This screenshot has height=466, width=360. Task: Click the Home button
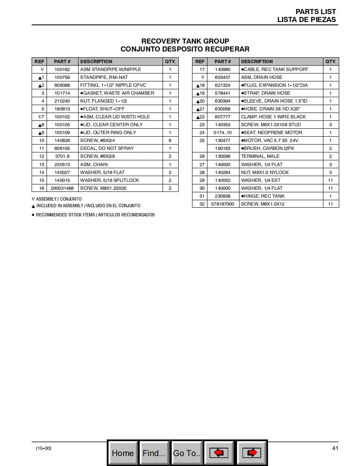(123, 453)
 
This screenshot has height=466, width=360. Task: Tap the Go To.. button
(187, 453)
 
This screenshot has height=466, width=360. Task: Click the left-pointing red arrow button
(219, 453)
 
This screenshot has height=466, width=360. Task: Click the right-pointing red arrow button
(252, 453)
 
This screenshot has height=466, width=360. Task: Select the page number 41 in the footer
(335, 448)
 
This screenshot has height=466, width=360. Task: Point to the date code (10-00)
(44, 448)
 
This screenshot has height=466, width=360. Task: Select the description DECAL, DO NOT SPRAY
(107, 148)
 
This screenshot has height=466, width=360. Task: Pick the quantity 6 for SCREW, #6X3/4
(170, 140)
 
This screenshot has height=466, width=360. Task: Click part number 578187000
(222, 204)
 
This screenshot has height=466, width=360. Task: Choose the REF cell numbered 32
(202, 204)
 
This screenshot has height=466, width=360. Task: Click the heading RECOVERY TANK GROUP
(185, 41)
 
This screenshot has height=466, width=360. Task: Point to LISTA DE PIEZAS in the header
(306, 20)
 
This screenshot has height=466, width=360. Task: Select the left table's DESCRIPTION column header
(96, 61)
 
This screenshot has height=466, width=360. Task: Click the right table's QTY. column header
(330, 61)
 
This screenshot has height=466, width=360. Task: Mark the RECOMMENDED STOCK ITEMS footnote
(95, 215)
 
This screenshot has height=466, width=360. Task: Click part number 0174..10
(222, 132)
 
